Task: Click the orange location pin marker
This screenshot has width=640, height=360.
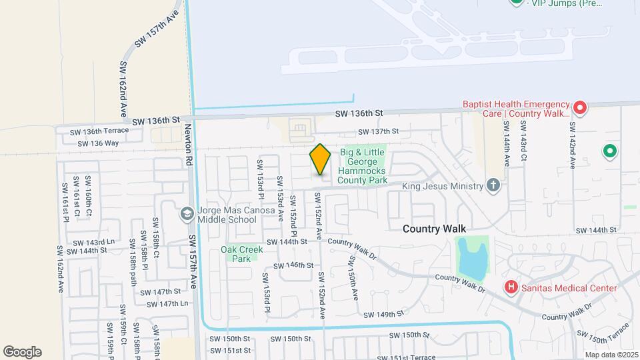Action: pos(320,159)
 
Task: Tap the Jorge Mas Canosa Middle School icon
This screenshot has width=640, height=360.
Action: pos(187,213)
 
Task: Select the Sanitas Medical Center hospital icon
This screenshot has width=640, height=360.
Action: pos(511,288)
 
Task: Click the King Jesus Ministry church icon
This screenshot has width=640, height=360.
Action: pos(493,185)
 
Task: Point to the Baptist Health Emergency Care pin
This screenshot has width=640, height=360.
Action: pos(579,107)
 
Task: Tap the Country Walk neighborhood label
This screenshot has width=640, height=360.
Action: pos(433,229)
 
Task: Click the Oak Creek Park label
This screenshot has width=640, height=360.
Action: pos(242,254)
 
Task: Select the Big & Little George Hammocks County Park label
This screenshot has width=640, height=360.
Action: pos(363,167)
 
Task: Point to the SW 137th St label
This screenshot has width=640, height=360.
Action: pos(378,132)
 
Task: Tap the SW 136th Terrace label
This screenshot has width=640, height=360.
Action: pos(99,131)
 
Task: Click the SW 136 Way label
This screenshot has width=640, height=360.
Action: pos(98,143)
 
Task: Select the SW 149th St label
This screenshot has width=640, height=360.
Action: pos(384,314)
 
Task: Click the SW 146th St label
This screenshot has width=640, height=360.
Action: pos(294,265)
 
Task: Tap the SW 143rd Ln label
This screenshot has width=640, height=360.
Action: pos(95,243)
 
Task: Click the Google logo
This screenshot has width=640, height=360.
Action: pos(22,351)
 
